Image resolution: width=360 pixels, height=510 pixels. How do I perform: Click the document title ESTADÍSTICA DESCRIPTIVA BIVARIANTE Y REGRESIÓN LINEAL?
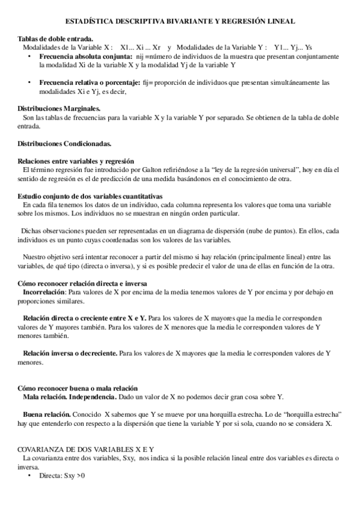click(180, 21)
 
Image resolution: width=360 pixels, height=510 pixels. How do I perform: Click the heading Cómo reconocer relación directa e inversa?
click(82, 283)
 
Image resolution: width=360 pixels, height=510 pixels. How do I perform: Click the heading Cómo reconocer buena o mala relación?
click(78, 388)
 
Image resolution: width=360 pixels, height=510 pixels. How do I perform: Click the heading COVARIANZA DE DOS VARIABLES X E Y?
click(86, 449)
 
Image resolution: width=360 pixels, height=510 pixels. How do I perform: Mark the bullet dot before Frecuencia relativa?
click(29, 82)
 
